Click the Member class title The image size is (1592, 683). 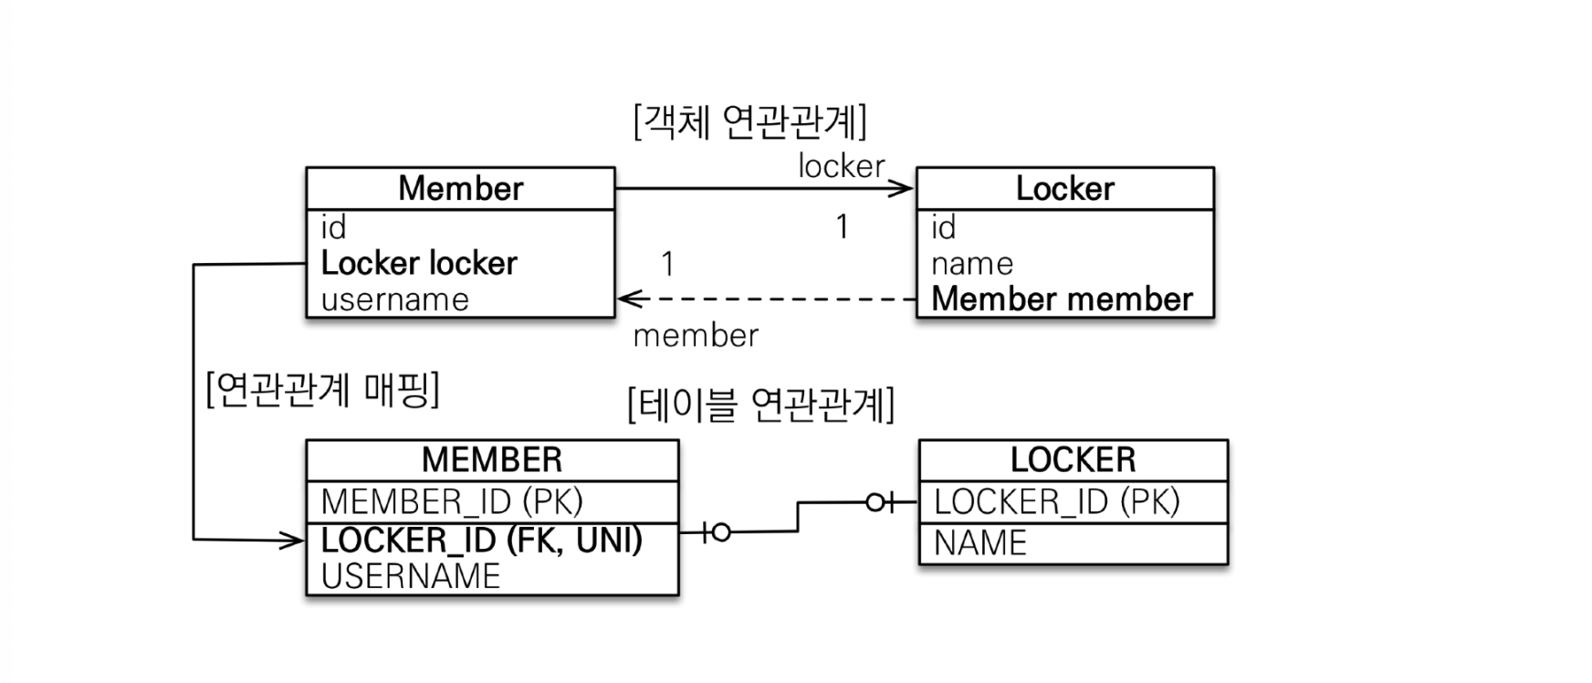click(x=460, y=188)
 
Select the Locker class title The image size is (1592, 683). click(x=1064, y=188)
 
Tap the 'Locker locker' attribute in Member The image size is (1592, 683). click(x=419, y=263)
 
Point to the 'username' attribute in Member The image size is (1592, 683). click(x=394, y=299)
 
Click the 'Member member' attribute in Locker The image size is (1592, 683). click(x=1062, y=299)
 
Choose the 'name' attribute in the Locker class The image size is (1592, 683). click(x=971, y=264)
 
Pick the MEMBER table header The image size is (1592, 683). click(x=492, y=459)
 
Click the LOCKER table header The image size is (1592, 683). click(x=1073, y=459)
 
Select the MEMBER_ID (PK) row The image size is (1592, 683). click(x=452, y=501)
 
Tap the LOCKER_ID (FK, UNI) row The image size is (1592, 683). click(x=482, y=540)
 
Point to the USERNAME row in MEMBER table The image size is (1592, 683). click(x=411, y=576)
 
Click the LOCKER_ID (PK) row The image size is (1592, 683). click(x=1057, y=501)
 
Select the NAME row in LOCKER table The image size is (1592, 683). click(x=979, y=543)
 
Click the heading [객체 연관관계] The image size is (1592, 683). click(x=749, y=121)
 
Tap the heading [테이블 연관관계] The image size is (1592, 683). click(x=761, y=404)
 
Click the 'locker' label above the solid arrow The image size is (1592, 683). click(x=841, y=165)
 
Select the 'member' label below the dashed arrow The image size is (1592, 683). click(x=696, y=335)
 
